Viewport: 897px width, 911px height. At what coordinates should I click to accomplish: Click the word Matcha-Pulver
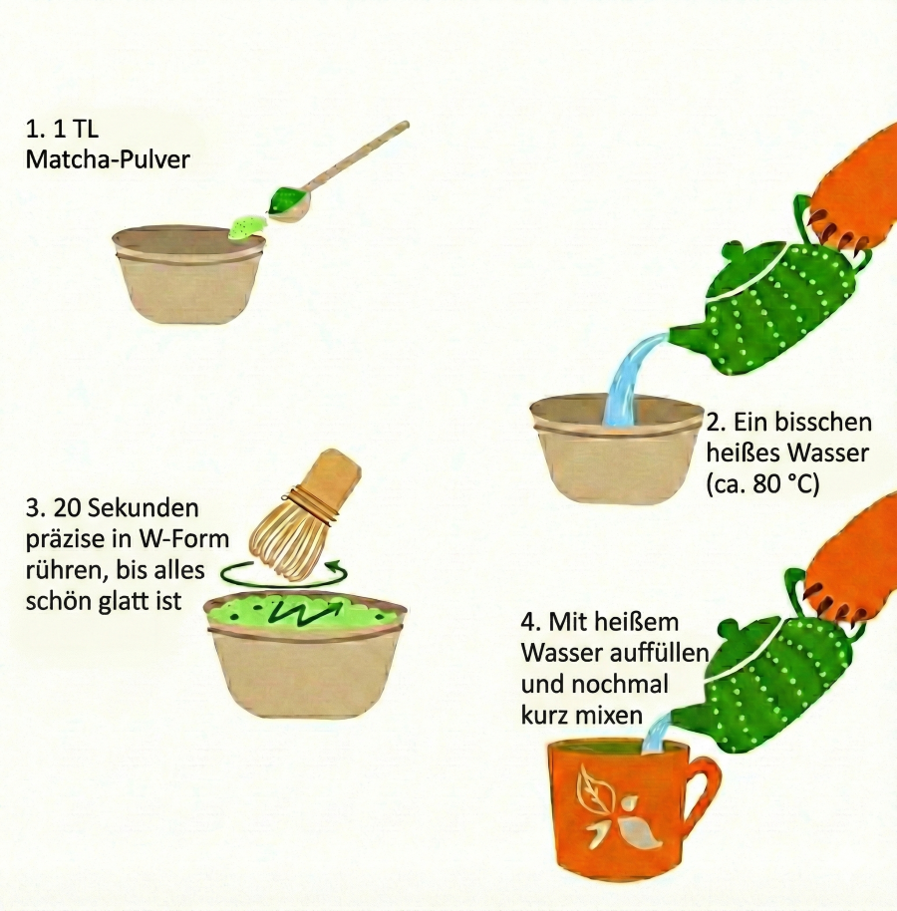pyautogui.click(x=109, y=159)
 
